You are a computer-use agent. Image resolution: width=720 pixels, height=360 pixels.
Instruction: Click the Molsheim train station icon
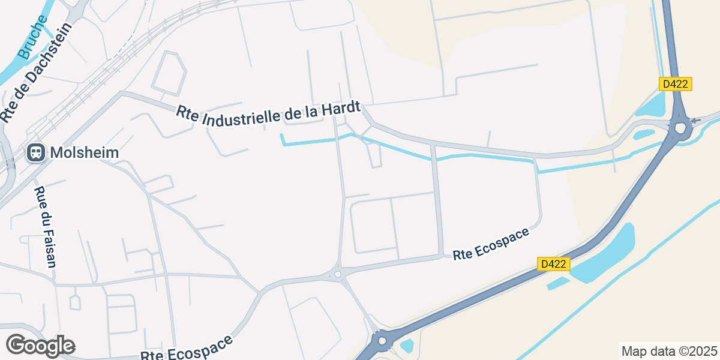pos(36,152)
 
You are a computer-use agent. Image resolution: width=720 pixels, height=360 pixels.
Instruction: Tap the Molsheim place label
pos(85,152)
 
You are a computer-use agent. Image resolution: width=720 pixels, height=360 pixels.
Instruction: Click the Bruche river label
pos(33,37)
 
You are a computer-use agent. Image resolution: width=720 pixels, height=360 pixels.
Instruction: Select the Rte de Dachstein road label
pos(36,72)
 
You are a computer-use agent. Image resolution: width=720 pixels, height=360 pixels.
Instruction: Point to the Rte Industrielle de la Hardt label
pos(268,113)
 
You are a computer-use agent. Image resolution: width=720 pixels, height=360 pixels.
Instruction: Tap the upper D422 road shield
pos(676,84)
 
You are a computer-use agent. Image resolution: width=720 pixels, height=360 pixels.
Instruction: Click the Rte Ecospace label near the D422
pos(491,244)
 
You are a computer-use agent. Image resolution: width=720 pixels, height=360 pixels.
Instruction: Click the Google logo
pos(40,346)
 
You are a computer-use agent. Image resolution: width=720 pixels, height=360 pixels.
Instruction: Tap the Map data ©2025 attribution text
pos(668,351)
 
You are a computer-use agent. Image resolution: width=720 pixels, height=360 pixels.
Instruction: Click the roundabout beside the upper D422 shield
pos(680,127)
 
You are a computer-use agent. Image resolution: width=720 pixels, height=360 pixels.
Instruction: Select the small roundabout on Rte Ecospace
pos(338,274)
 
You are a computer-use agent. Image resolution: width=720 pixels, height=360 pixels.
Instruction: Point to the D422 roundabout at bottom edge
pos(381,343)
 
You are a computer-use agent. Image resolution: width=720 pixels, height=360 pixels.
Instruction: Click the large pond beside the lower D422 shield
pos(606,252)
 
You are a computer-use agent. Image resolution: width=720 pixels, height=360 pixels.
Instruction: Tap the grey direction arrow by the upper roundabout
pos(695,121)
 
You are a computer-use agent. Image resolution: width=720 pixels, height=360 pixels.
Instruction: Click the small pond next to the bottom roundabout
pos(407,346)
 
